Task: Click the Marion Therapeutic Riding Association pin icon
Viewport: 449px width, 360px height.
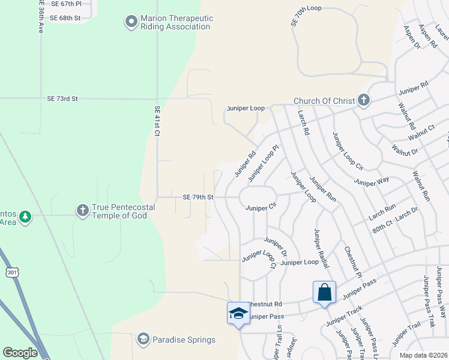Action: [131, 23]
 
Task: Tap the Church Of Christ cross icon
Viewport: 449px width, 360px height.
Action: [363, 100]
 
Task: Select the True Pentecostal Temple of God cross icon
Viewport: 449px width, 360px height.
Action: [82, 211]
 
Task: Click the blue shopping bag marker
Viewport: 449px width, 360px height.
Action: [324, 293]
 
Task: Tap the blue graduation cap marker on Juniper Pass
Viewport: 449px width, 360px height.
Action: [238, 313]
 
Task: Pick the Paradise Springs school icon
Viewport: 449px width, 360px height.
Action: [143, 340]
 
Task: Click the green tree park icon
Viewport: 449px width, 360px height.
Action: [25, 216]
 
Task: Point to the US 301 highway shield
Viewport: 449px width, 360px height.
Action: [11, 273]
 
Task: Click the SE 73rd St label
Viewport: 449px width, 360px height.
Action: [71, 98]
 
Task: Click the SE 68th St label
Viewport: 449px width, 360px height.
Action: [65, 18]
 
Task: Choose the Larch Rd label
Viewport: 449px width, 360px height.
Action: [303, 122]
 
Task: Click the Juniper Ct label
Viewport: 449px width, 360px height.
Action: [261, 208]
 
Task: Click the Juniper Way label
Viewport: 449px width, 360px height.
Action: [372, 180]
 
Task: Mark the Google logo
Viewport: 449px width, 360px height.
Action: [20, 353]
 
